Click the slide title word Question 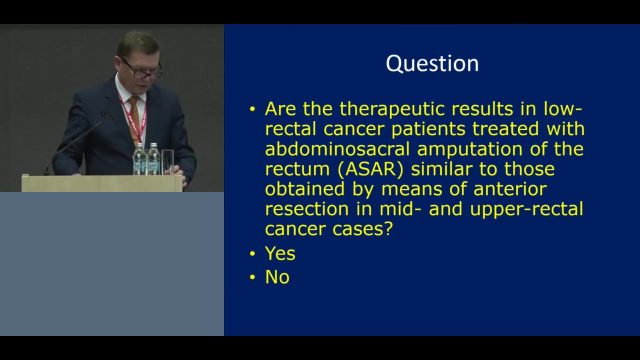432,64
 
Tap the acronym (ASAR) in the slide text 370,169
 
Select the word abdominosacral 337,149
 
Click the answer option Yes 280,253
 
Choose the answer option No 277,277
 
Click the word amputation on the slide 469,149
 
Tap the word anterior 510,189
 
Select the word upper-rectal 526,209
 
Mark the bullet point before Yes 252,253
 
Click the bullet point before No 252,277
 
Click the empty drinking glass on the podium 167,162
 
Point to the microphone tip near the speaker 103,115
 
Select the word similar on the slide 442,169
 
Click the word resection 307,209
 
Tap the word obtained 305,189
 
